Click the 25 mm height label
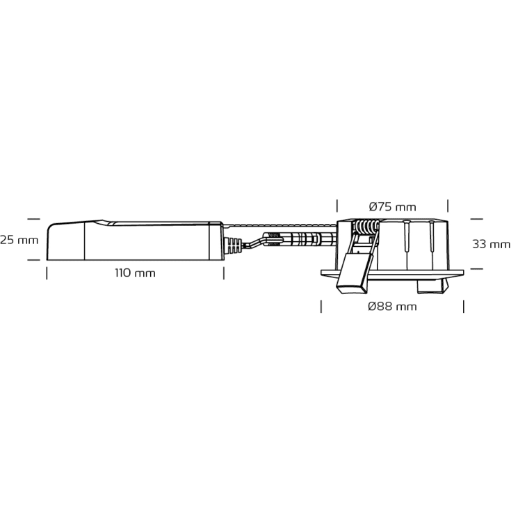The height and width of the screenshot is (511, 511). [19, 241]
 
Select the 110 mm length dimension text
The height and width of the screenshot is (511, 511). [135, 273]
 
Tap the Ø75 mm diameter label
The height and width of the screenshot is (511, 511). [392, 206]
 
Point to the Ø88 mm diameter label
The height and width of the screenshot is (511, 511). [393, 307]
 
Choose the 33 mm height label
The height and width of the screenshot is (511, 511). [491, 244]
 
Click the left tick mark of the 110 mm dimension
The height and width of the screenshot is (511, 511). [47, 273]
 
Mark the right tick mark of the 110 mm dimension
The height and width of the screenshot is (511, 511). [224, 273]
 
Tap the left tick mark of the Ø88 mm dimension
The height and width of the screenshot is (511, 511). [321, 306]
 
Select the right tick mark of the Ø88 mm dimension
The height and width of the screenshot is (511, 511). [463, 306]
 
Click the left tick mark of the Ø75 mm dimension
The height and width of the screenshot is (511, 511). [337, 206]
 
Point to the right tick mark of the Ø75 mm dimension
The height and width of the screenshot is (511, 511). [448, 206]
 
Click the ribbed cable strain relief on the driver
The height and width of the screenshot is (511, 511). [235, 246]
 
